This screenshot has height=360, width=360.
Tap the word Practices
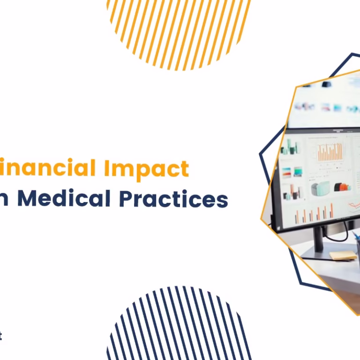tap(173, 199)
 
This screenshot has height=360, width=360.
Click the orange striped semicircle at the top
tap(178, 28)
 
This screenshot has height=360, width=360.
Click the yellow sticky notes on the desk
tap(343, 255)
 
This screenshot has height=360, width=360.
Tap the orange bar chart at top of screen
tap(330, 152)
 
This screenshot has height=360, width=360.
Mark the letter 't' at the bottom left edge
tap(1, 336)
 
